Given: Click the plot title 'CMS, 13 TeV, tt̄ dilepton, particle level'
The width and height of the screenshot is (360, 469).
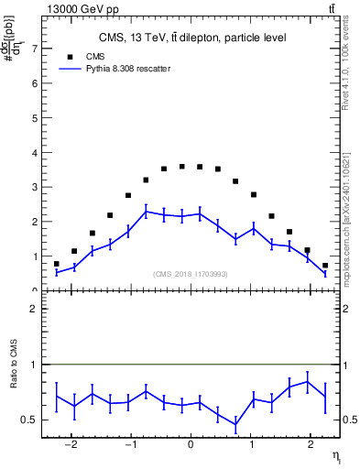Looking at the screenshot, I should (x=192, y=38).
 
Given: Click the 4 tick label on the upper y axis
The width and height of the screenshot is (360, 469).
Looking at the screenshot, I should (x=34, y=152).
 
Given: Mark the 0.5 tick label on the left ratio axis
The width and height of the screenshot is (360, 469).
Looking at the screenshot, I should (x=30, y=420).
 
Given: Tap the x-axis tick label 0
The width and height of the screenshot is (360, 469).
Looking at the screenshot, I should (x=190, y=446).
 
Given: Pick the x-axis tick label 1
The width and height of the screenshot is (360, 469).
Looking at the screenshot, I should (x=249, y=446).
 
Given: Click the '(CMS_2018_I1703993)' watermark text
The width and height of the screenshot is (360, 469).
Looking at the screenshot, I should (x=190, y=273).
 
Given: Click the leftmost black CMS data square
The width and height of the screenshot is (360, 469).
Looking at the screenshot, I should (x=56, y=264).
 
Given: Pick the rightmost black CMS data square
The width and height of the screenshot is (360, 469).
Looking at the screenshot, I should (x=325, y=266).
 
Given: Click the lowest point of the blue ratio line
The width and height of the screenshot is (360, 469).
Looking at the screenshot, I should (x=235, y=426).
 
